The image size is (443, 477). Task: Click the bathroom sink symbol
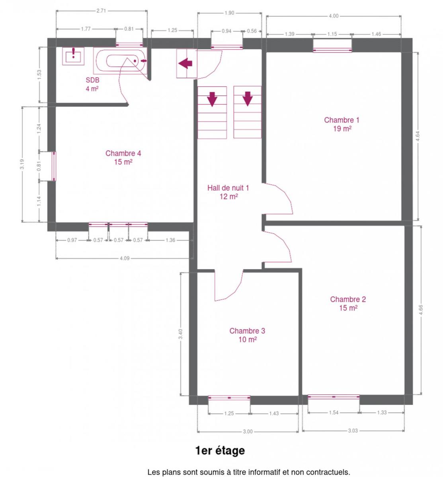point(73,56)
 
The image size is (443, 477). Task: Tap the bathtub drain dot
point(135,61)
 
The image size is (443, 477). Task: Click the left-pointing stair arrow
point(185,64)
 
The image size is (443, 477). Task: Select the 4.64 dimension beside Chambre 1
point(418,136)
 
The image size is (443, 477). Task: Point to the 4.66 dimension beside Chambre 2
point(421,310)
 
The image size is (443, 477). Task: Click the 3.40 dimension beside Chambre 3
point(181,334)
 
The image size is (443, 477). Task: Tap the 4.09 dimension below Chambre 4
point(125,258)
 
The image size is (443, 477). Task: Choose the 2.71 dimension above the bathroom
point(101,11)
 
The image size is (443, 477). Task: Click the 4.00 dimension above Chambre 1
point(334,16)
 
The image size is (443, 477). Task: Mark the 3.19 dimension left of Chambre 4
point(22,164)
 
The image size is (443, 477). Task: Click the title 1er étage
point(220,450)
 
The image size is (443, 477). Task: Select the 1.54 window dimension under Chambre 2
point(334,412)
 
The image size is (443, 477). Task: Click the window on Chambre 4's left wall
point(54,166)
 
